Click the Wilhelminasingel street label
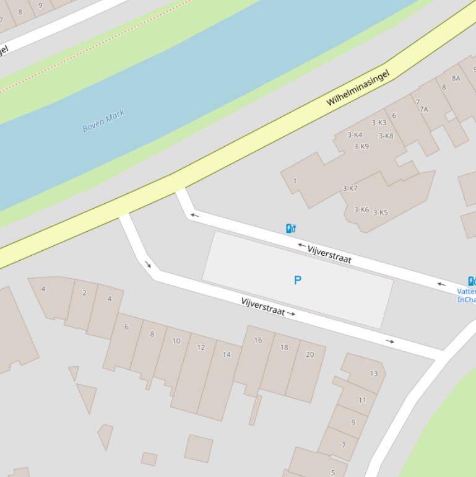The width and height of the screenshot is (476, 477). [358, 88]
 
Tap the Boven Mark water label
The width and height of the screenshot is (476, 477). [103, 120]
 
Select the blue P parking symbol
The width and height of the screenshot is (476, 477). [297, 280]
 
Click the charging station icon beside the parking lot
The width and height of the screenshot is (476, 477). [290, 229]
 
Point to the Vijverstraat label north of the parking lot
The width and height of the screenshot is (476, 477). [329, 254]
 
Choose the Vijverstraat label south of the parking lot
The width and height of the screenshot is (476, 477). [263, 306]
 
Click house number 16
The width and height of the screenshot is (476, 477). [257, 340]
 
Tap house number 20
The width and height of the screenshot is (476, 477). [309, 355]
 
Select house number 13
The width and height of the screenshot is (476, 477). [373, 374]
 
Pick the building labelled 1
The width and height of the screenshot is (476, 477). [295, 182]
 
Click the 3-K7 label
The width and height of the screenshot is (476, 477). [350, 189]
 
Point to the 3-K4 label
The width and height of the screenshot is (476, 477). [355, 135]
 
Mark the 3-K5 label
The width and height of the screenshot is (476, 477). [380, 212]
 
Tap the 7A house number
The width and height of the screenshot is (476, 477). [424, 110]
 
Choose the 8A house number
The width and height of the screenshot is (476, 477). [456, 78]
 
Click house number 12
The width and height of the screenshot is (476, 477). [201, 348]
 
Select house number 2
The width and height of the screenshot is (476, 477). [84, 293]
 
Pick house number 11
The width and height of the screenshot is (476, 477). [362, 400]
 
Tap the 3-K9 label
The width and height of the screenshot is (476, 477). [361, 147]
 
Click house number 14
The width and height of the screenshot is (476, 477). [227, 355]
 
